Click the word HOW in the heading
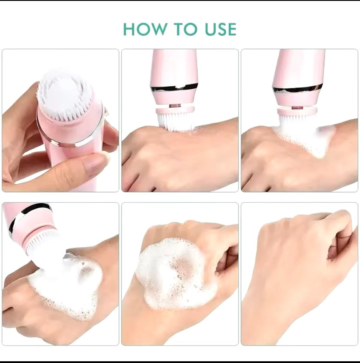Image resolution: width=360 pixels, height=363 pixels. [145, 29]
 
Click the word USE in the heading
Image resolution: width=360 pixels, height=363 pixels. [220, 29]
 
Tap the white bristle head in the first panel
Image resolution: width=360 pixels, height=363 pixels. [64, 95]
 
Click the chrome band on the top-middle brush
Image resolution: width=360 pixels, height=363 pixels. [175, 87]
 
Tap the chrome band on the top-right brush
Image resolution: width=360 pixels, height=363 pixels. [297, 89]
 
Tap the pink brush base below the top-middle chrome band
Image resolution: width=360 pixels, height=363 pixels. [175, 97]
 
